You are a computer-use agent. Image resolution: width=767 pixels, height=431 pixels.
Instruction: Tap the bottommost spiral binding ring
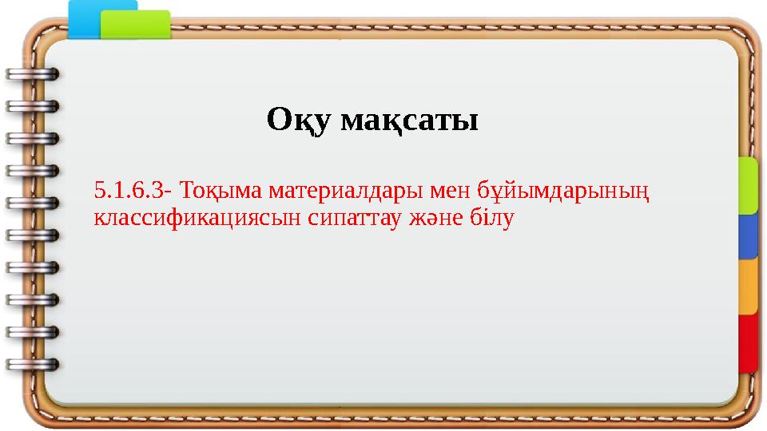32,364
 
